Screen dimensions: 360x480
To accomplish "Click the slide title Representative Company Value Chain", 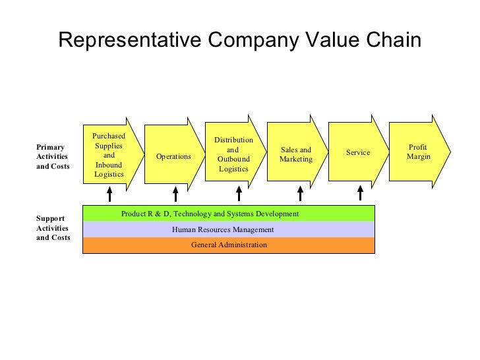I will pos(239,41).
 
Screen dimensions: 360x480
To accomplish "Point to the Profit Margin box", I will pos(419,152).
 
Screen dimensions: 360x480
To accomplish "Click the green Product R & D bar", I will pos(228,214).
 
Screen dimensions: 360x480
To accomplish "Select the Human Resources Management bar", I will pos(228,229).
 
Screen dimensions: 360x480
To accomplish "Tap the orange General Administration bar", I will pos(228,245).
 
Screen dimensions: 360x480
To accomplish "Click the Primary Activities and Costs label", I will pos(53,156).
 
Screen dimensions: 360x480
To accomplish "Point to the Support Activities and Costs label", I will pos(53,227).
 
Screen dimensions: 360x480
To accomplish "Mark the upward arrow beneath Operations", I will pos(175,193).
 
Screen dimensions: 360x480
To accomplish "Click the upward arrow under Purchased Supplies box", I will pos(109,193).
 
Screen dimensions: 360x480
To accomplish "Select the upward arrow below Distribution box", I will pos(239,193).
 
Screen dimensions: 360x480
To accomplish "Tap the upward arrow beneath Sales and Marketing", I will pos(300,193).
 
